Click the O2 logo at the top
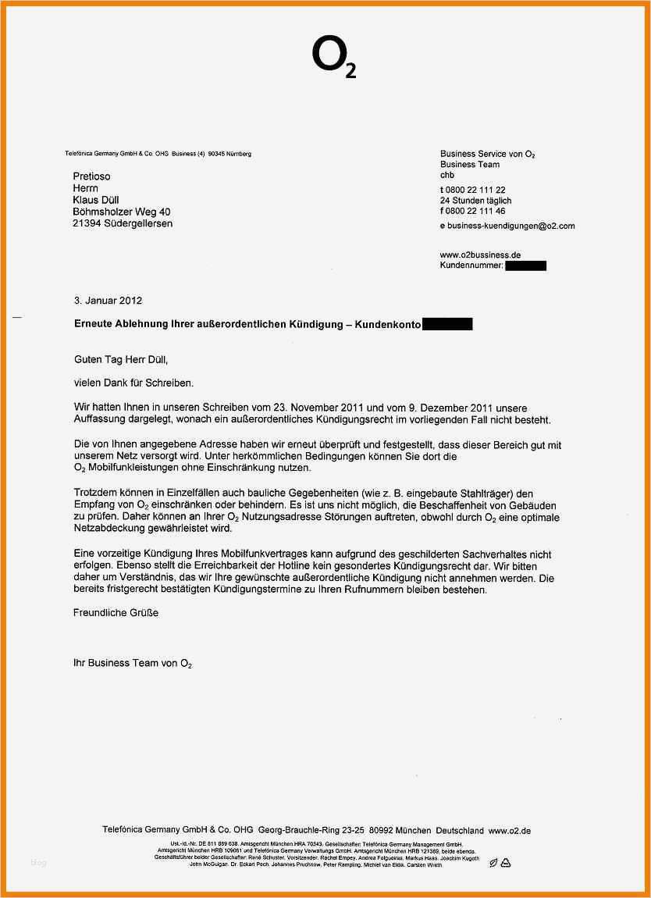[x=333, y=57]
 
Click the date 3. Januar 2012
[x=108, y=300]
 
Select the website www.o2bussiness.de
[x=480, y=255]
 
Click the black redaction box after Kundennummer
[x=525, y=266]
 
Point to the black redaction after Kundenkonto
[x=447, y=324]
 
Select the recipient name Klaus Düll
[x=96, y=200]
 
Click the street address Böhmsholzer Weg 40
[x=121, y=212]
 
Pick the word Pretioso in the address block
[x=91, y=176]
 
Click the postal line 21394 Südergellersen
[x=123, y=223]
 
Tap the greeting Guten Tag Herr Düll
[x=120, y=360]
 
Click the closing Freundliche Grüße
[x=116, y=613]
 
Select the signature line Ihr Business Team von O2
[x=132, y=663]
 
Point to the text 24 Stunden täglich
[x=475, y=201]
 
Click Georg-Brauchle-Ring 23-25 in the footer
[x=313, y=831]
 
